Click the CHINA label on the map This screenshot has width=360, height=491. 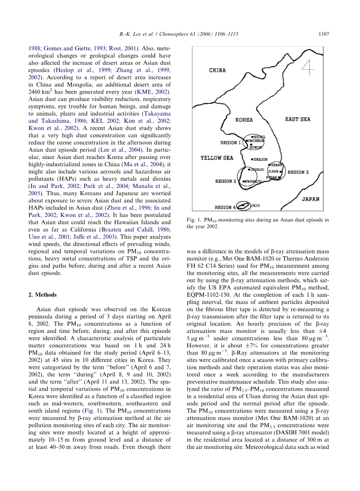pos(217,70)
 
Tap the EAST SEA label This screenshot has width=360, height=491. pos(297,119)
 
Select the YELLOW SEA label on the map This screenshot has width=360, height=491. pos(217,158)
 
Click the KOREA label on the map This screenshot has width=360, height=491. pos(244,120)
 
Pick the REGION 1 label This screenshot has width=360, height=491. pos(231,142)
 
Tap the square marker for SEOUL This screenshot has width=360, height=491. pos(253,136)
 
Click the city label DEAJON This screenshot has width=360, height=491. pos(261,159)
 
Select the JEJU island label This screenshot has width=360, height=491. pos(255,205)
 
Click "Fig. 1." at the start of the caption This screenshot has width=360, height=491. pos(195,220)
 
